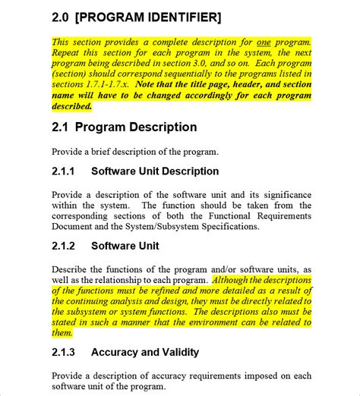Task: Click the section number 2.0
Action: click(62, 16)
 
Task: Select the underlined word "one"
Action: click(264, 42)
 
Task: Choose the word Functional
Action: click(219, 215)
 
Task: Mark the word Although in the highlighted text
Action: click(235, 279)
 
